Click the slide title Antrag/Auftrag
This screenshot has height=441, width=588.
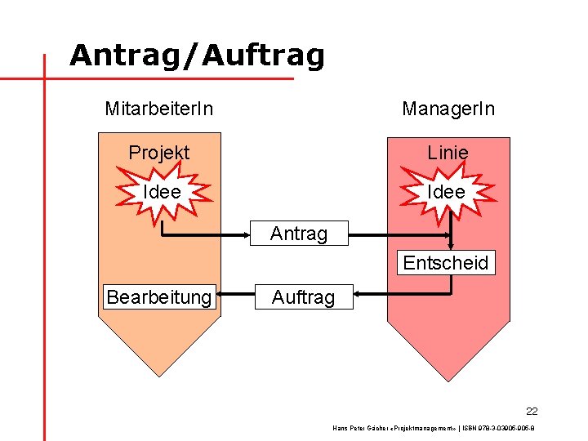click(x=197, y=56)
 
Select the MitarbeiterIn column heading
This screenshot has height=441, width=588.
click(x=159, y=108)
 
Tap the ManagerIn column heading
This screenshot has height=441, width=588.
click(x=448, y=108)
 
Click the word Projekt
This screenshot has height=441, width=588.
click(x=159, y=153)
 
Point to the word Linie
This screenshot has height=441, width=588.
click(x=448, y=153)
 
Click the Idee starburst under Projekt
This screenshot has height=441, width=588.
click(x=162, y=192)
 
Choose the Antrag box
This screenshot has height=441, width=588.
click(x=299, y=234)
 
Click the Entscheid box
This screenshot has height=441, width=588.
click(x=446, y=263)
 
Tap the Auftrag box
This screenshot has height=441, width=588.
click(x=303, y=297)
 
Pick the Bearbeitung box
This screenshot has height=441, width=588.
click(x=159, y=297)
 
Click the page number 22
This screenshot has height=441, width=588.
click(x=532, y=411)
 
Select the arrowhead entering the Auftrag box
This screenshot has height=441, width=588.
click(x=360, y=297)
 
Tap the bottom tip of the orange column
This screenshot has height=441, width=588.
click(x=159, y=376)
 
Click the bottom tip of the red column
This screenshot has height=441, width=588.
click(x=448, y=380)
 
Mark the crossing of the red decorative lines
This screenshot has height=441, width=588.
click(x=43, y=79)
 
